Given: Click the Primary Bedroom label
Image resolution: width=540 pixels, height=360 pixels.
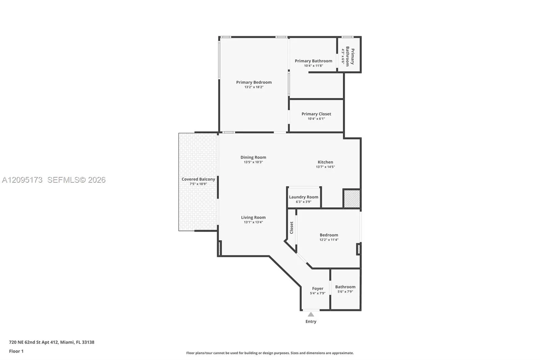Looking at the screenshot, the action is tap(254, 82).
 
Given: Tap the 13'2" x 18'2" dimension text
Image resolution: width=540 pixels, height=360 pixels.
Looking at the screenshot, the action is tap(254, 87).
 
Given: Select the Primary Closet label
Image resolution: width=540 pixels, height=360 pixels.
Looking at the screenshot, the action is tap(316, 114).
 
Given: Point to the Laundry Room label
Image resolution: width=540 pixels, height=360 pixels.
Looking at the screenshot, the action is tap(303, 197).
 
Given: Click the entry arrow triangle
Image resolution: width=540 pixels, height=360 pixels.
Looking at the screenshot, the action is tap(311, 314).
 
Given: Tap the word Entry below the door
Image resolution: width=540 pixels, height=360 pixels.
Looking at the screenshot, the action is tap(311, 322).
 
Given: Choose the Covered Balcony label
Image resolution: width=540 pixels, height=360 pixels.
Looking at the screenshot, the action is tap(198, 179).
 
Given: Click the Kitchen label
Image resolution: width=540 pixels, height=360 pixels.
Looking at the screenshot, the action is tap(325, 162).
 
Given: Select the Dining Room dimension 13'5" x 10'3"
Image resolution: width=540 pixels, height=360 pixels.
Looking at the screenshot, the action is tap(253, 162).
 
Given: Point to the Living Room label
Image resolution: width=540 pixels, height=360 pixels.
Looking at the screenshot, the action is tap(253, 217).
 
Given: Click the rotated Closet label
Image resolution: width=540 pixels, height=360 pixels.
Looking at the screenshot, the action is tap(292, 228).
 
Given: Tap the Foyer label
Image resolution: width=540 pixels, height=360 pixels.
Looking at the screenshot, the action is tap(318, 289).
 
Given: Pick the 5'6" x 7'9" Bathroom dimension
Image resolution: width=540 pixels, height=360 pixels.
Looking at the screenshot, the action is tap(345, 292).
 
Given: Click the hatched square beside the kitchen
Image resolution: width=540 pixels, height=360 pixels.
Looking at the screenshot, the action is tap(352, 199).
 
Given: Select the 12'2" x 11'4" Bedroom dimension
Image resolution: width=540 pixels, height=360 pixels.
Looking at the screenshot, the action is tap(329, 240).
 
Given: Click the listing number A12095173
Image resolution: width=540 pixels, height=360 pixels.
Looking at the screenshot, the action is tap(22, 180).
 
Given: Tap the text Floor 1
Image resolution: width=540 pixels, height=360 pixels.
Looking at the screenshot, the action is tap(17, 351).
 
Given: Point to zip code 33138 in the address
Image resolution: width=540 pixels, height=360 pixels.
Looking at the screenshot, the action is tap(88, 342).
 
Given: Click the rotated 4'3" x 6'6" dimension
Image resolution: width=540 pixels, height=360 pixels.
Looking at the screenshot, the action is tap(343, 56).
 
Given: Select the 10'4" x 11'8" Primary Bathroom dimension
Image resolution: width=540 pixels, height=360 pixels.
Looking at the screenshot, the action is tap(314, 66).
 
